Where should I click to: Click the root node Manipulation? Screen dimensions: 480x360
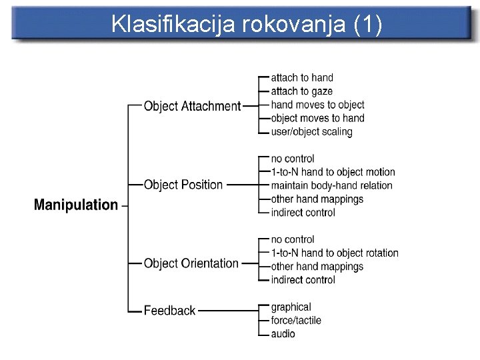tap(75, 205)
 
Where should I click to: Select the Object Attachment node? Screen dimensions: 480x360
tap(192, 106)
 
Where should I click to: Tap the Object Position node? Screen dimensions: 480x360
tap(183, 185)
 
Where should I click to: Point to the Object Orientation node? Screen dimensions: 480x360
tap(191, 263)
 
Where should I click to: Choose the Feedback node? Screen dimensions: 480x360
tap(169, 310)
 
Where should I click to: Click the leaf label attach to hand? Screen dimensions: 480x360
tap(302, 78)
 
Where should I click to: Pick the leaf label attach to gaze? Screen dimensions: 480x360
tap(301, 91)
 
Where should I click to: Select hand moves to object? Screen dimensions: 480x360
tap(317, 105)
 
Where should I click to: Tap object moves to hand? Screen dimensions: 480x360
tap(317, 118)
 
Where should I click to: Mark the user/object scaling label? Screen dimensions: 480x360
tap(311, 131)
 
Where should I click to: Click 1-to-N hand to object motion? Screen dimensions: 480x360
tap(333, 172)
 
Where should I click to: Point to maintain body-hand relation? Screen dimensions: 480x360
tap(331, 185)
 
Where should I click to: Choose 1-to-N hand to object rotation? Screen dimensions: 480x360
tap(335, 253)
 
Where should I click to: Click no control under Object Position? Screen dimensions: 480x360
tap(293, 159)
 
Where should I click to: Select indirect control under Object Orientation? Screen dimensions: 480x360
tap(303, 280)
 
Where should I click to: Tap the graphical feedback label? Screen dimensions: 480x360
tap(291, 307)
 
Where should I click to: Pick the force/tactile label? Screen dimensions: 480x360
tap(296, 320)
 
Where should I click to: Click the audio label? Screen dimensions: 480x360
tap(283, 333)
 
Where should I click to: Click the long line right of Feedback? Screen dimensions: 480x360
tap(227, 310)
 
